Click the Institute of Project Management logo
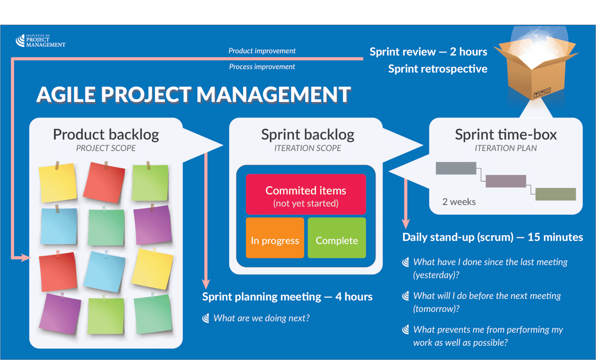[x=40, y=41]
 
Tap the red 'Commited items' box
[x=306, y=194]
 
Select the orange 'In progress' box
[x=275, y=238]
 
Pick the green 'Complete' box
[x=337, y=238]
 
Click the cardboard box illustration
[x=536, y=68]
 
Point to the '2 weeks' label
[x=459, y=202]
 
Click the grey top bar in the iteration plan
[x=456, y=168]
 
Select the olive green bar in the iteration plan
[x=556, y=194]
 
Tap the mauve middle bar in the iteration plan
[x=506, y=181]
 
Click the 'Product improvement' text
[x=262, y=51]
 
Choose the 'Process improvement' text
[x=262, y=67]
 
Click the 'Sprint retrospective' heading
[x=438, y=69]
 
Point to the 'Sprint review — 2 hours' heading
[x=429, y=52]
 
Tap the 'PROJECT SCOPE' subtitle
[x=106, y=148]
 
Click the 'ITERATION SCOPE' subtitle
[x=308, y=148]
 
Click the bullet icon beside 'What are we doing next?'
[x=206, y=318]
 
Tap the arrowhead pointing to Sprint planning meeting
[x=206, y=284]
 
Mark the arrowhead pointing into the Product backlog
[x=26, y=257]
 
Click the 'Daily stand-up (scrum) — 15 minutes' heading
[x=492, y=237]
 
